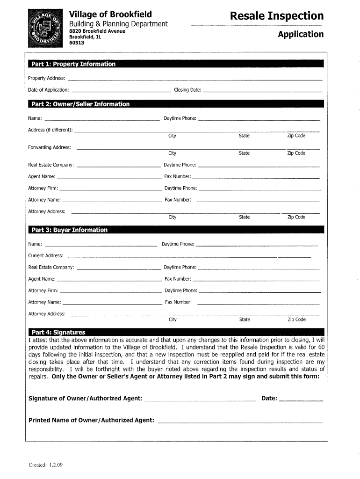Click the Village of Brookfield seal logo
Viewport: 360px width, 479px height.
pos(45,28)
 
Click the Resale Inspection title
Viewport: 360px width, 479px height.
pos(277,16)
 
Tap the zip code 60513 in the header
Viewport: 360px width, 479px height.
pos(77,43)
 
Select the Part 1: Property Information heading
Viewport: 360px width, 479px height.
pos(73,64)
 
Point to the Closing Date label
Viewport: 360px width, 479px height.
pos(187,90)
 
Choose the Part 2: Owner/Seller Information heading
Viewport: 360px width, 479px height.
pos(80,104)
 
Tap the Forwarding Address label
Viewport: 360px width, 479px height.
pos(50,147)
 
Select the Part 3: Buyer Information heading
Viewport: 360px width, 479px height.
pos(69,230)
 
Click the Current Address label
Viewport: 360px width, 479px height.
pos(46,255)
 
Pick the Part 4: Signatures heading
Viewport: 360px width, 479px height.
pos(58,333)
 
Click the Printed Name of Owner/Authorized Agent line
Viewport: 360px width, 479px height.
pos(240,422)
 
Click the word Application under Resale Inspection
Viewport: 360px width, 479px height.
pos(301,34)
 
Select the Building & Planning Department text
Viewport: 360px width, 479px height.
pos(118,24)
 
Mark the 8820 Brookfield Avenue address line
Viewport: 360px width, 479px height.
pos(97,31)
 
